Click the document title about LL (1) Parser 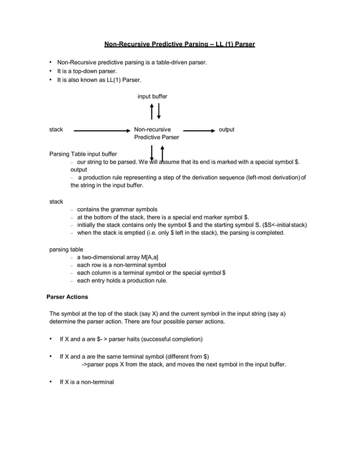(179, 44)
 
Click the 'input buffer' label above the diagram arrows (152, 96)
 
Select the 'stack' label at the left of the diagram (56, 130)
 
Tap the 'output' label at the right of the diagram (226, 130)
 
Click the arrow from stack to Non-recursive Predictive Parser (102, 130)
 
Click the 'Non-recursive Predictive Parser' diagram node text (156, 134)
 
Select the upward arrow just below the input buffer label (152, 111)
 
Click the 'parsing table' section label (66, 249)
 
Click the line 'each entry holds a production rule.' (122, 280)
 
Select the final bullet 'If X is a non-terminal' (87, 382)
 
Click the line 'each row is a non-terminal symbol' (121, 265)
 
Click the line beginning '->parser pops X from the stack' (184, 364)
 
